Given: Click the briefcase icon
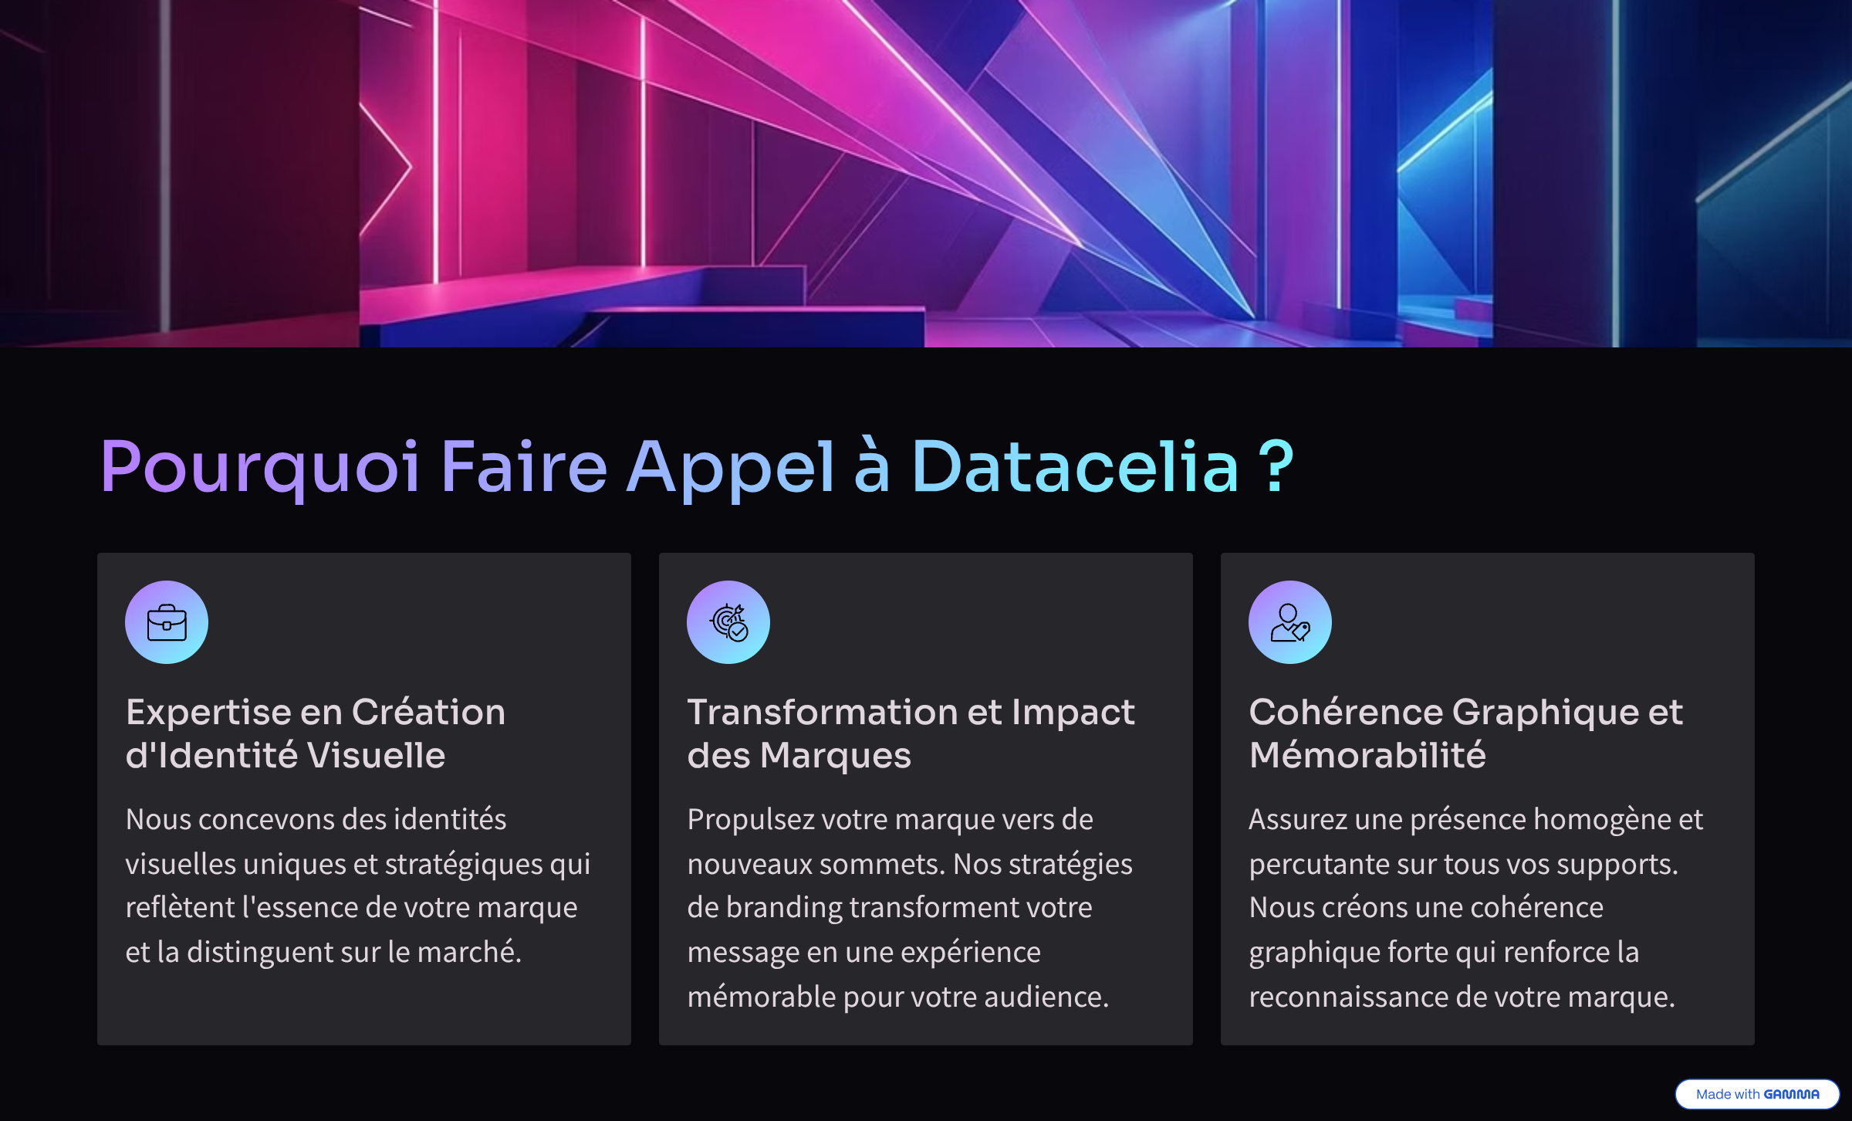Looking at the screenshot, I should point(167,622).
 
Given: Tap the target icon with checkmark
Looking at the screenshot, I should point(728,622).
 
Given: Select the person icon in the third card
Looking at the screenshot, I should point(1290,622).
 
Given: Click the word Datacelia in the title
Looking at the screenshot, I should point(1075,466).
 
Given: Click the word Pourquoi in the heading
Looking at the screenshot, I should point(260,468).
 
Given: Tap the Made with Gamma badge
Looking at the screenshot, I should point(1757,1094).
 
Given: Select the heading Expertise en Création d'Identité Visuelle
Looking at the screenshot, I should point(316,733).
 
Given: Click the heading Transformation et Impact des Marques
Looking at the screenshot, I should point(911,733).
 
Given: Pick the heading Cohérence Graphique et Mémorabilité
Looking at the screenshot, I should point(1465,733).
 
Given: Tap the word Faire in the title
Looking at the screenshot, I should point(524,466).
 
